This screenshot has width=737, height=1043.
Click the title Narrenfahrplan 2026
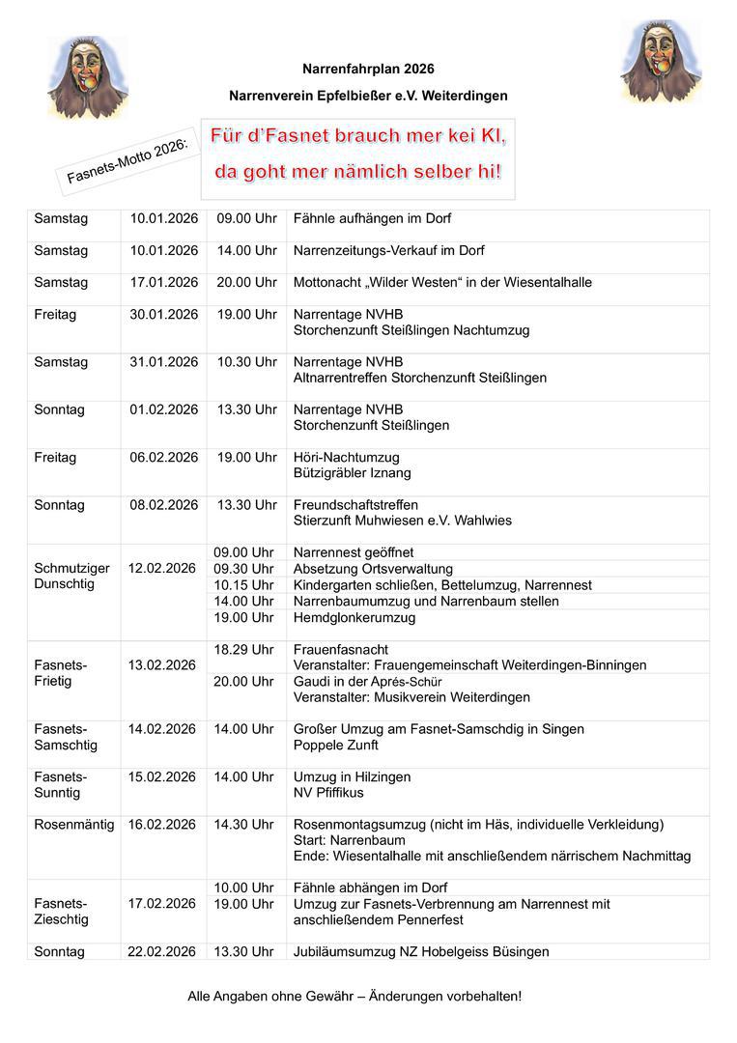368,70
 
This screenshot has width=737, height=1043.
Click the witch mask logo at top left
87,76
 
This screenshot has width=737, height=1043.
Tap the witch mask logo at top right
661,62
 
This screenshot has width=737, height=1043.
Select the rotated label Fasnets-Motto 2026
128,158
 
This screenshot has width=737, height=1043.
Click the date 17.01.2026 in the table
164,283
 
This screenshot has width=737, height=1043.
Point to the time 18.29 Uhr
243,650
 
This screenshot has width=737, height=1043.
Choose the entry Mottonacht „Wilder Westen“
442,283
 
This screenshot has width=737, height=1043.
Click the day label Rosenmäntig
74,825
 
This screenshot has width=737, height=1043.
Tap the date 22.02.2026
162,952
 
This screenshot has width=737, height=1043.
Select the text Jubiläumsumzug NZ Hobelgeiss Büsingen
421,952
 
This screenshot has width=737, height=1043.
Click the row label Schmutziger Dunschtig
71,576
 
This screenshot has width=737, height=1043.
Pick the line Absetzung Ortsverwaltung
373,569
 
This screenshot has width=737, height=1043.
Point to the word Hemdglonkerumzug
354,617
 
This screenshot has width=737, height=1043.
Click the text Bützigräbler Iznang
352,473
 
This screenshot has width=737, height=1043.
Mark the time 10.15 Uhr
243,585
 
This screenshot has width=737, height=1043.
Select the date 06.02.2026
164,458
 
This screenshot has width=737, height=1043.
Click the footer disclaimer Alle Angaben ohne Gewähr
354,996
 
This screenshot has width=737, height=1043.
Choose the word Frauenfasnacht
341,650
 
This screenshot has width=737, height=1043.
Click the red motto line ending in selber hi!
357,173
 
